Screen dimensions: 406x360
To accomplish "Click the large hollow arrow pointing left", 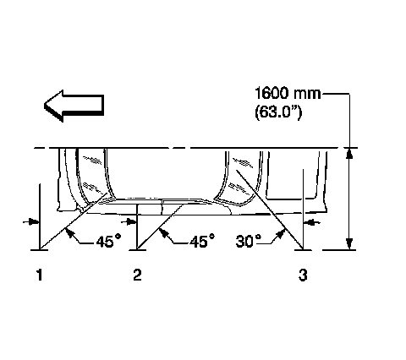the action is (x=74, y=106).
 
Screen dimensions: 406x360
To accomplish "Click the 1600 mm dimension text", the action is (x=288, y=93).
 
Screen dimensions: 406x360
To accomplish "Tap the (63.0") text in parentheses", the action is (x=278, y=112).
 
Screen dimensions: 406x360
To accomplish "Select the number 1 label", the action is (x=40, y=275).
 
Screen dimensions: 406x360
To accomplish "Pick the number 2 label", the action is (x=137, y=275).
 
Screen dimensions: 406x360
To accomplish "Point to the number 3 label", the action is (x=303, y=275).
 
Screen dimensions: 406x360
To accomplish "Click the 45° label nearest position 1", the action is (x=108, y=241).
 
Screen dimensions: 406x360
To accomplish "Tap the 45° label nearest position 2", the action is (x=202, y=241).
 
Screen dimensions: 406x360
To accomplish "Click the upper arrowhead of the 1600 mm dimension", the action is (x=349, y=154).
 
